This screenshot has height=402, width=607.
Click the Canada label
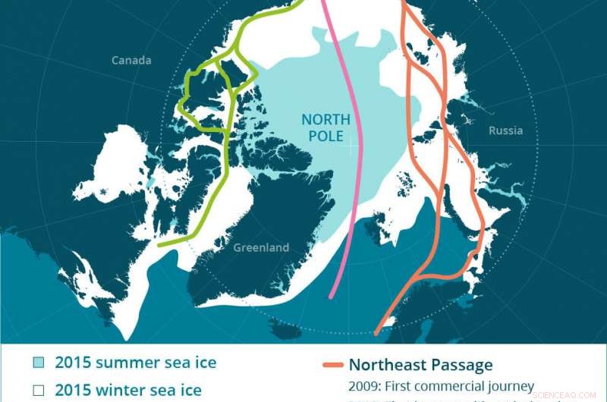click(x=131, y=60)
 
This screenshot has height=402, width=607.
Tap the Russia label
click(x=505, y=130)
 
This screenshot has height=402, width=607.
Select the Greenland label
click(x=261, y=247)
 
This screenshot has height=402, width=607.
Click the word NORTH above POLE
click(x=326, y=120)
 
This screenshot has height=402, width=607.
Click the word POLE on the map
click(x=327, y=137)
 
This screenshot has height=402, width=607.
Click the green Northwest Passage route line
click(x=225, y=152)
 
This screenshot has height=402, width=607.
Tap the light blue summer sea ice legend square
click(x=38, y=363)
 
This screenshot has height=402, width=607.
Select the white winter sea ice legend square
click(x=38, y=391)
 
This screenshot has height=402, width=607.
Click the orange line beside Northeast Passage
click(x=331, y=366)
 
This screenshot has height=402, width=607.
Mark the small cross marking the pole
click(x=351, y=149)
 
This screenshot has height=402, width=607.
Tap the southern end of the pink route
click(x=332, y=295)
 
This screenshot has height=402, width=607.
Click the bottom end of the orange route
click(x=377, y=331)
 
